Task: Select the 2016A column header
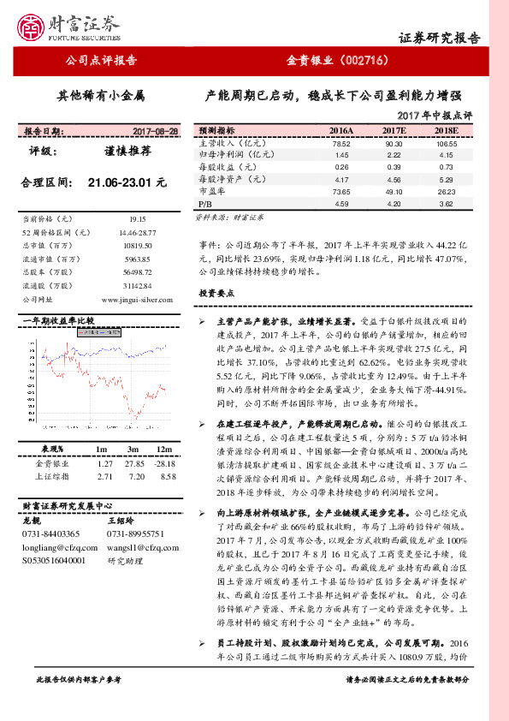tap(341, 130)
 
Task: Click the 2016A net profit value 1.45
tap(341, 155)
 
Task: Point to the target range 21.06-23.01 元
tap(127, 182)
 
